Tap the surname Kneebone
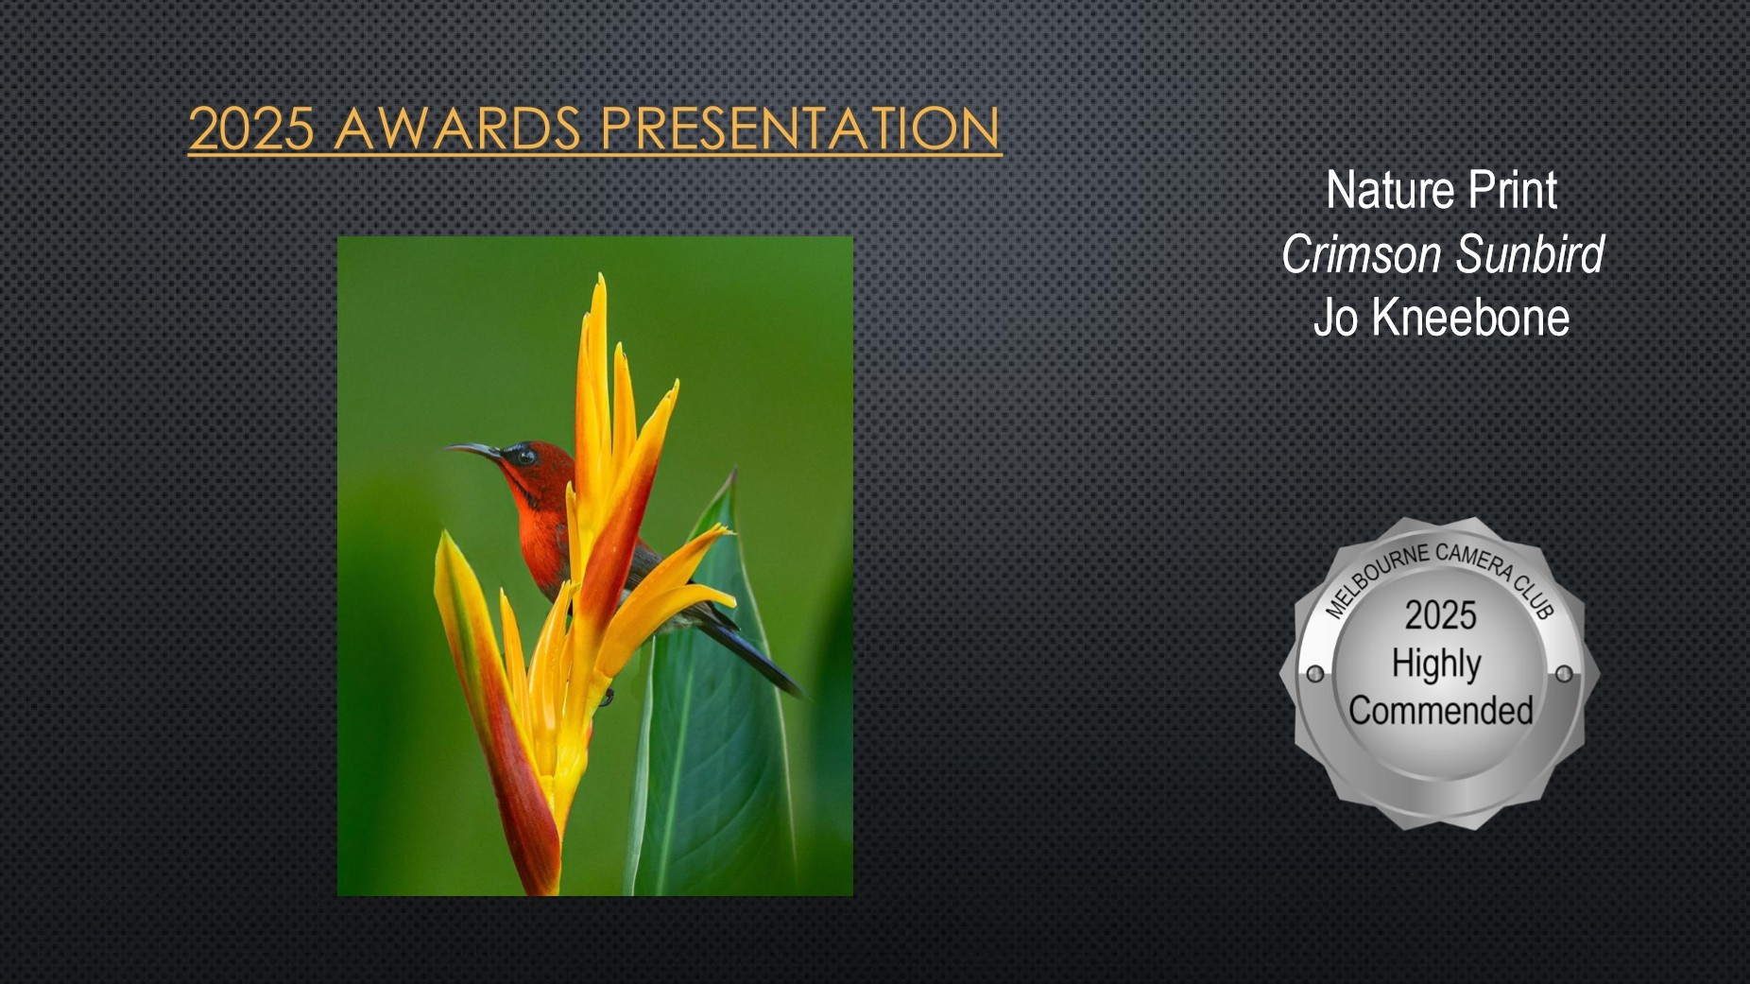(x=1470, y=318)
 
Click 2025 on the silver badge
(x=1440, y=615)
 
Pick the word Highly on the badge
(x=1436, y=665)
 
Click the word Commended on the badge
(x=1441, y=711)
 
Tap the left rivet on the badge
(x=1314, y=674)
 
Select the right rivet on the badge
(x=1564, y=674)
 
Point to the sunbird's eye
(x=524, y=456)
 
